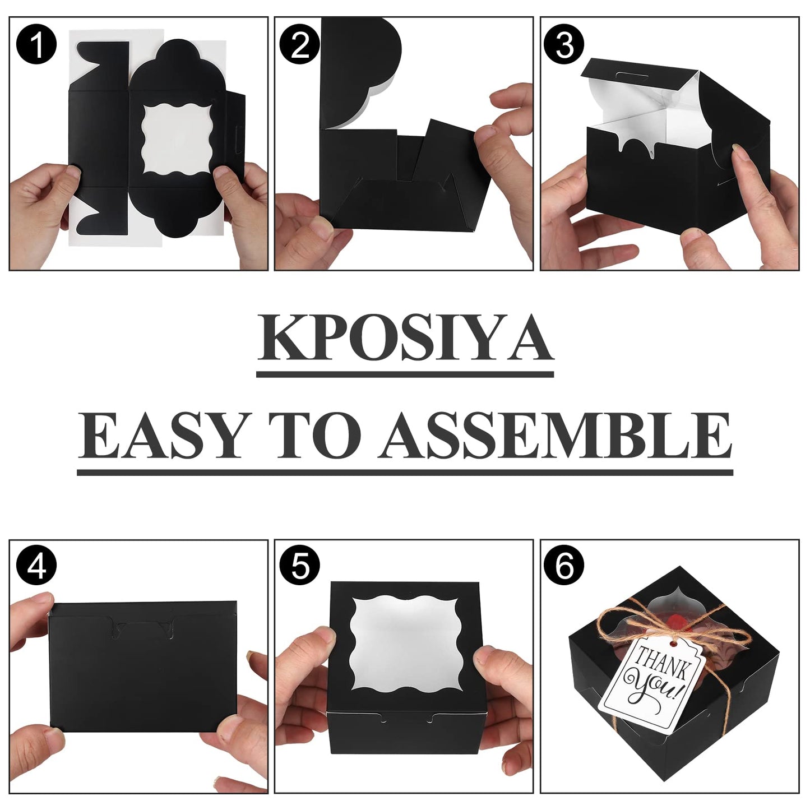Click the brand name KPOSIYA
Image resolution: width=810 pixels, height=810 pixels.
[405, 341]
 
